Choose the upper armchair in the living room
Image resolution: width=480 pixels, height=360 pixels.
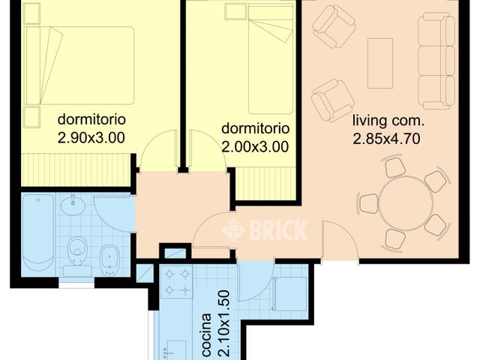click(334, 27)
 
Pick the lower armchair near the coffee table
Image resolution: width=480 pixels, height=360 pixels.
click(332, 100)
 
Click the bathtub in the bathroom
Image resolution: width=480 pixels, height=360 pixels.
click(37, 233)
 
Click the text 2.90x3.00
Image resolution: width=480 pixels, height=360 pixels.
click(91, 137)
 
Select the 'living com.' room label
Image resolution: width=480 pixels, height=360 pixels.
click(389, 120)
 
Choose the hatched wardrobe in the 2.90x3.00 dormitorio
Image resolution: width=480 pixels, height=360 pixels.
click(78, 168)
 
